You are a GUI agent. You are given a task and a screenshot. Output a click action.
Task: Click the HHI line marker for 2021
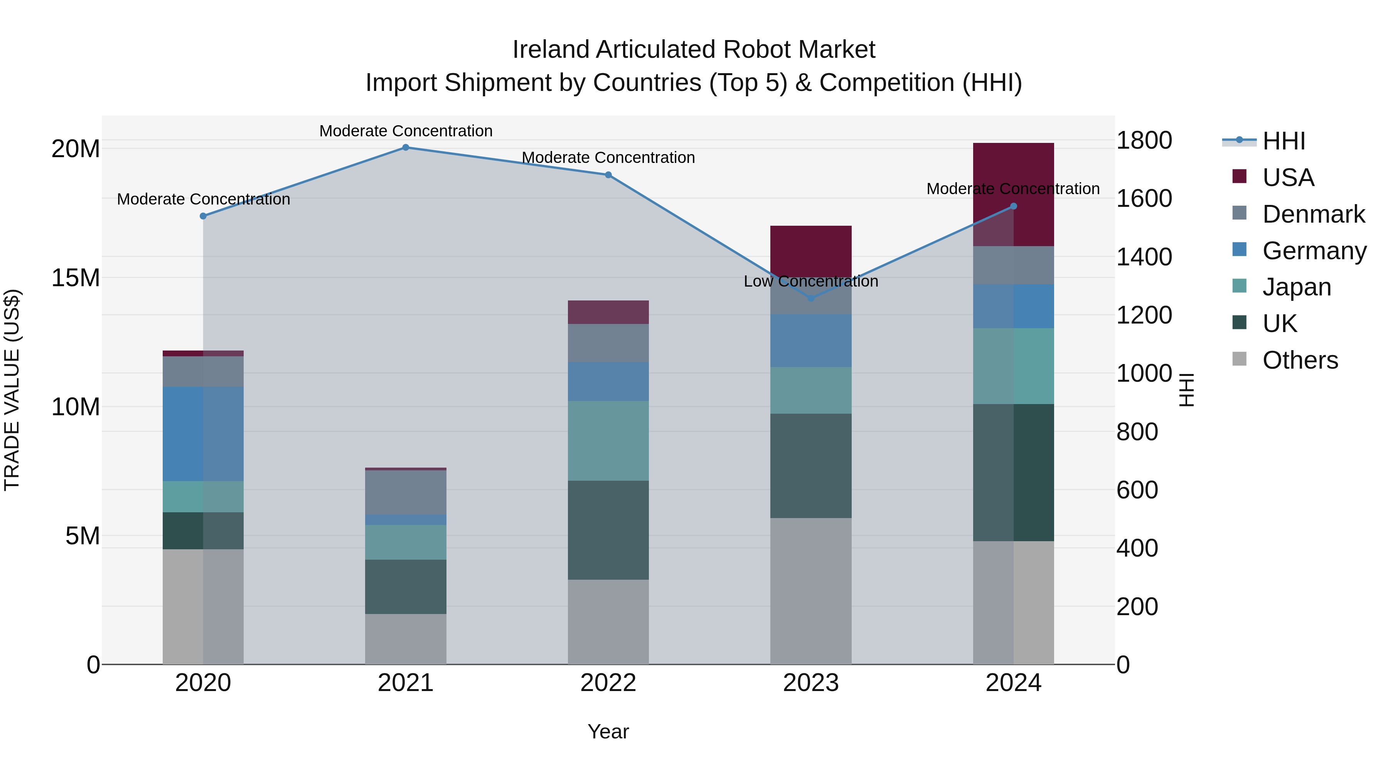406,147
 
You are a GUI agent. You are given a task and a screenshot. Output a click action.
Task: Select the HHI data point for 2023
811,298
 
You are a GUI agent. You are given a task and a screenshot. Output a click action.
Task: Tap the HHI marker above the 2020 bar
203,216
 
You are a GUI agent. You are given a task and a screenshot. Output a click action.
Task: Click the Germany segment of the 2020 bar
203,433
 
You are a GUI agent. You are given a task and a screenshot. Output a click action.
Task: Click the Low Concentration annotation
810,281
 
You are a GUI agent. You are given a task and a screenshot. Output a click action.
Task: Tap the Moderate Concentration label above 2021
406,131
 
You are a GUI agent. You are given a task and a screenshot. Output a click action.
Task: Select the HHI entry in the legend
1284,141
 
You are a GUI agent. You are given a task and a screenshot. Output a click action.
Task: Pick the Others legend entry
1300,360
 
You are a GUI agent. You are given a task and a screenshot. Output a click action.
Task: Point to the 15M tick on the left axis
76,278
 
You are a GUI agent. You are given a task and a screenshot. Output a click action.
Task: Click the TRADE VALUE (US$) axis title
12,390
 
